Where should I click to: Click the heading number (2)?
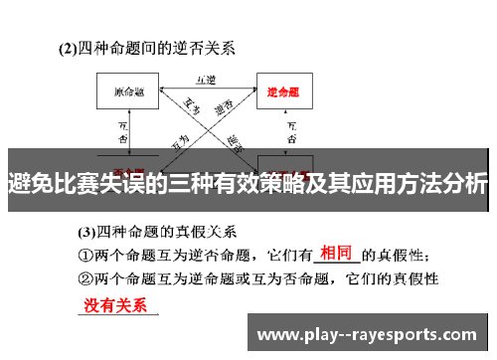pyautogui.click(x=69, y=47)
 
